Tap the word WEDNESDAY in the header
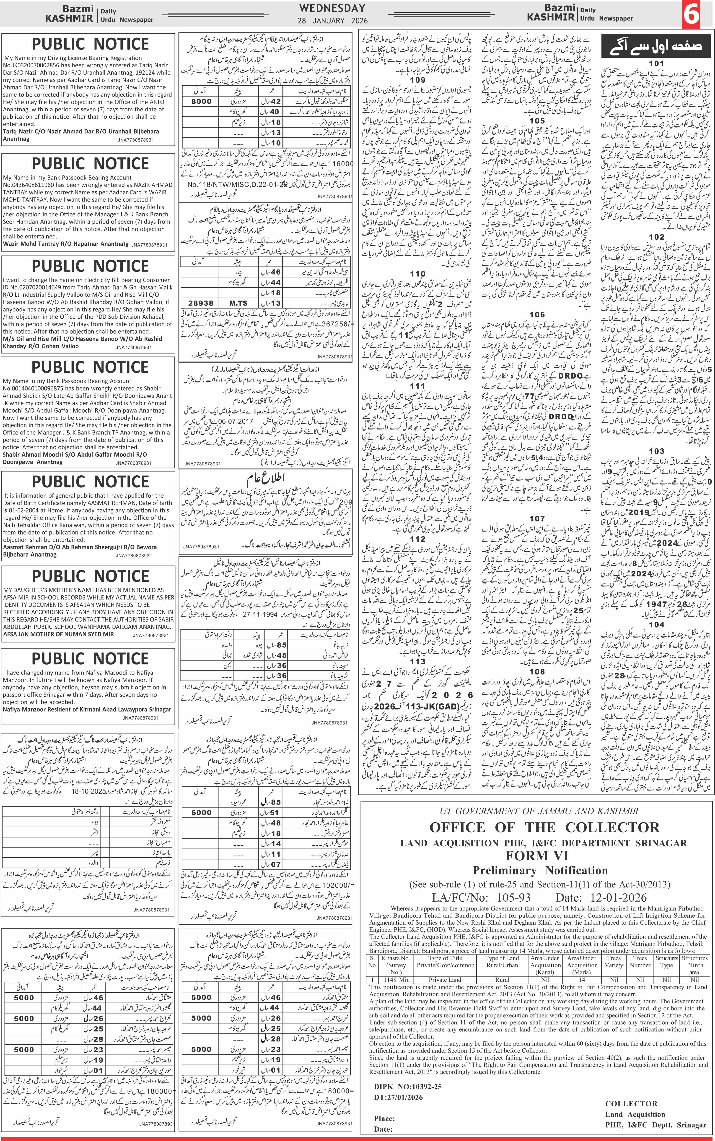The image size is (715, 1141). [x=332, y=8]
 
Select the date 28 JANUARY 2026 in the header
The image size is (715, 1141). [x=332, y=21]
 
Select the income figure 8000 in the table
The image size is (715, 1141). [x=202, y=101]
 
